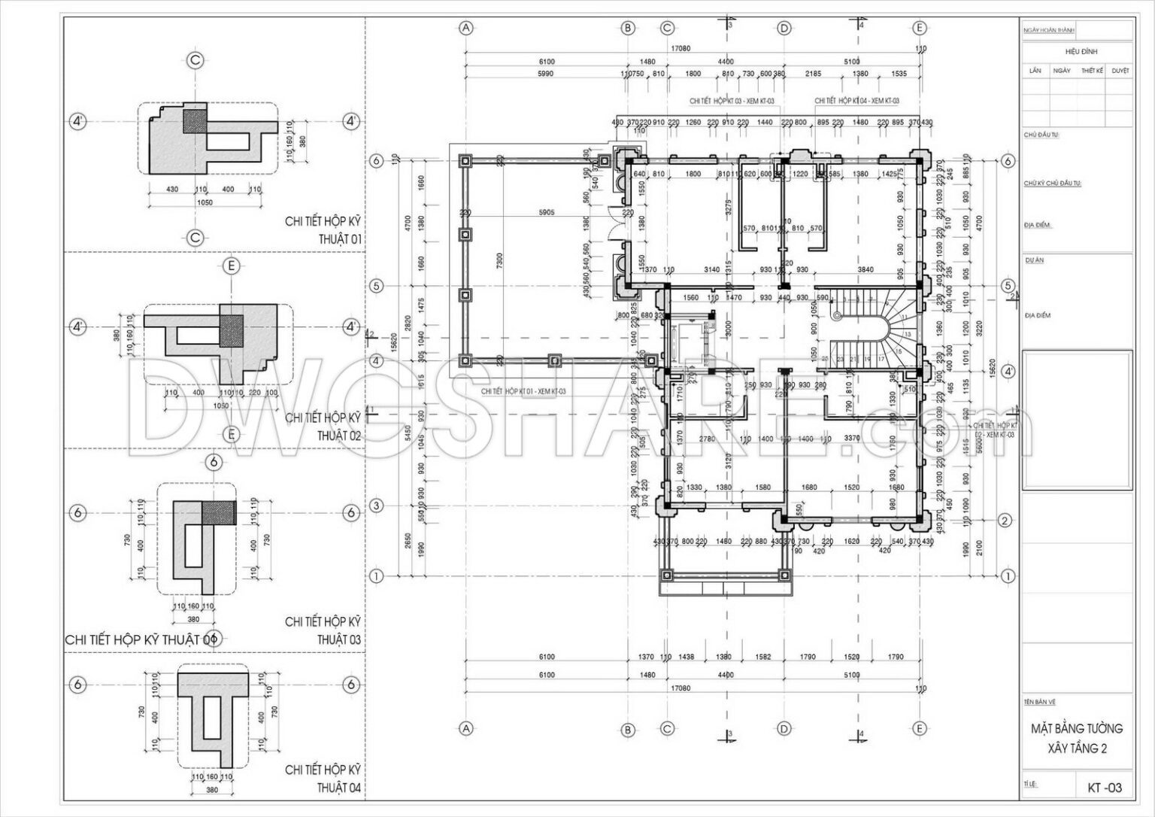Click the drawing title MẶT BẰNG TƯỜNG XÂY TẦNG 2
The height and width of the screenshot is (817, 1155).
pyautogui.click(x=1077, y=738)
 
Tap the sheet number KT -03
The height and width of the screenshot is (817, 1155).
pyautogui.click(x=1104, y=788)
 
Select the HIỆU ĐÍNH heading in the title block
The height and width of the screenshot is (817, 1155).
pyautogui.click(x=1081, y=51)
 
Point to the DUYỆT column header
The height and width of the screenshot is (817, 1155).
pyautogui.click(x=1120, y=70)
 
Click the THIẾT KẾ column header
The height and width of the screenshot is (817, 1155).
pyautogui.click(x=1092, y=70)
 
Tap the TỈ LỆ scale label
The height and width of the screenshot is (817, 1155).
pyautogui.click(x=1030, y=784)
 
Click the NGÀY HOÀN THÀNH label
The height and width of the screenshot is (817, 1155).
pyautogui.click(x=1049, y=31)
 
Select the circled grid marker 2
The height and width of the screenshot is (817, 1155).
pyautogui.click(x=1006, y=521)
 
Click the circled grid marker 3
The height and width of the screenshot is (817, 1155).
pyautogui.click(x=377, y=506)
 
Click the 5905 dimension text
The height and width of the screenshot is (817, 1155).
pyautogui.click(x=547, y=212)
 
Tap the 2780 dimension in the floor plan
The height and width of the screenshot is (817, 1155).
pyautogui.click(x=707, y=439)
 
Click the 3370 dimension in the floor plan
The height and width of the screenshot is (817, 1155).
pyautogui.click(x=852, y=439)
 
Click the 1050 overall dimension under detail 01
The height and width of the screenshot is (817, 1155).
pyautogui.click(x=204, y=203)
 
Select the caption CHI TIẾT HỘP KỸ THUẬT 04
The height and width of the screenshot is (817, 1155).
pyautogui.click(x=323, y=779)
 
